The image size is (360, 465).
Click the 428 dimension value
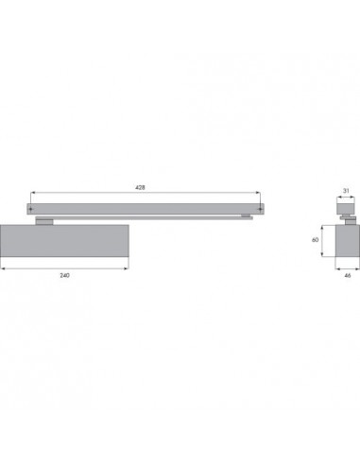click(x=140, y=187)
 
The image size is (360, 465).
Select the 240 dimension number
click(x=64, y=275)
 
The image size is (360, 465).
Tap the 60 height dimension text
click(x=315, y=240)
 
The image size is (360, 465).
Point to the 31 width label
click(x=346, y=191)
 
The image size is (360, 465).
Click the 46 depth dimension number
click(x=348, y=275)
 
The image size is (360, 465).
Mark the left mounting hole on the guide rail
click(x=30, y=209)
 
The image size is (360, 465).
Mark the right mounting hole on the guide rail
click(x=260, y=209)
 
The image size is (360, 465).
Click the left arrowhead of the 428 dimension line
click(x=32, y=193)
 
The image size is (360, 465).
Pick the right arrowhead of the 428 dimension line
click(x=258, y=193)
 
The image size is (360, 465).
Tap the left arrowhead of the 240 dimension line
click(x=3, y=268)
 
